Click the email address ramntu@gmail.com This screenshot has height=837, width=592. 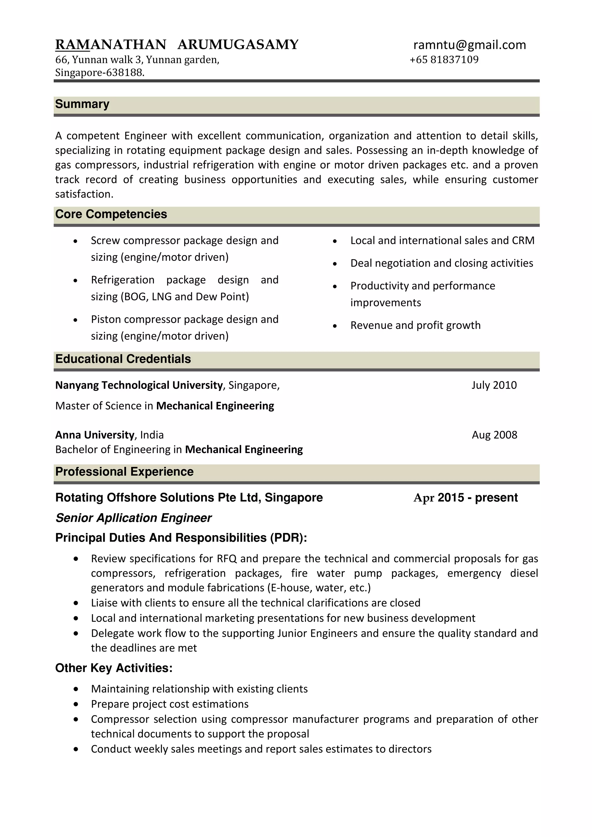coord(469,45)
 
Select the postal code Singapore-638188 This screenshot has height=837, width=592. coord(99,73)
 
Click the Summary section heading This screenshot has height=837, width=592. coord(82,104)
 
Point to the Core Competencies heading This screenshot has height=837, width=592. coord(111,214)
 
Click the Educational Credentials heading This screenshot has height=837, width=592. coord(123,359)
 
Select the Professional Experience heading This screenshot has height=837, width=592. coord(124,471)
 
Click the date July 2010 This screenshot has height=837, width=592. coord(494,385)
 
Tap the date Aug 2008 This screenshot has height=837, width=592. coord(494,435)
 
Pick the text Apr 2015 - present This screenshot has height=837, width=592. coord(465,497)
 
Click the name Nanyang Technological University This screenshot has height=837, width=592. coord(139,385)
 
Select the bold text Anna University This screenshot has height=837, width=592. coord(95,435)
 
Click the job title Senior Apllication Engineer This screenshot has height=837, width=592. coord(134,518)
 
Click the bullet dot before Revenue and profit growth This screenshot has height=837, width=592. coord(335,326)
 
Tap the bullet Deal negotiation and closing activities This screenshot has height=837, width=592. coord(441,263)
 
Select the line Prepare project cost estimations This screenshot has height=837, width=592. coord(170,704)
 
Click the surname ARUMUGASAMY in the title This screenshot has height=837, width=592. coord(238,44)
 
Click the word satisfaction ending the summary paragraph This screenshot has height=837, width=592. coord(84,194)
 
